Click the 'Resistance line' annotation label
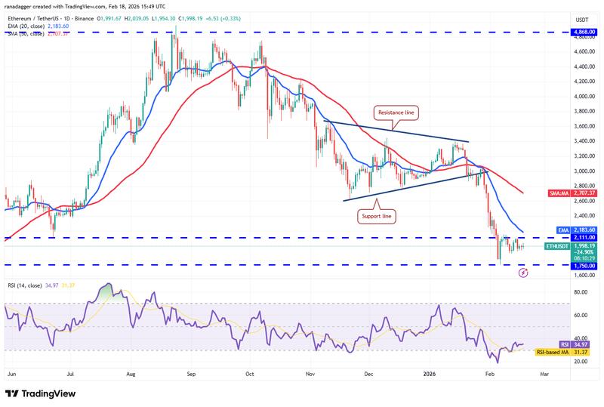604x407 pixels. tap(396, 113)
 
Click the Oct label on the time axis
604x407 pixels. tap(250, 372)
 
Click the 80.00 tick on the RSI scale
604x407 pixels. tap(581, 291)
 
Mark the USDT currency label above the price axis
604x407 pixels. tap(581, 20)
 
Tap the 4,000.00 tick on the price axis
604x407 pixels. tap(581, 97)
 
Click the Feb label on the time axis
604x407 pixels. tap(489, 372)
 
